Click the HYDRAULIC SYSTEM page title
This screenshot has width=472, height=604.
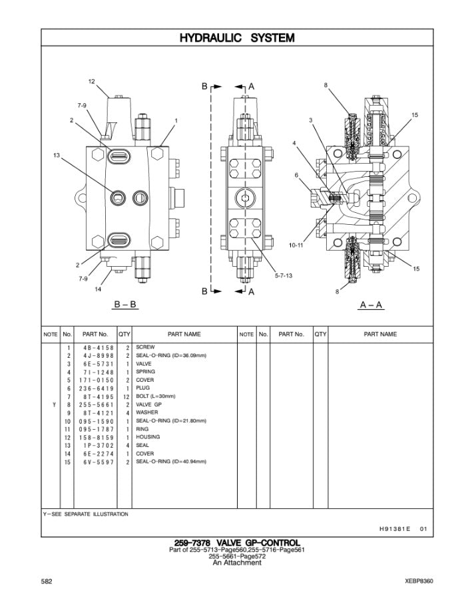[x=236, y=38]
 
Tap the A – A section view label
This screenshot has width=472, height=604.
[x=371, y=305]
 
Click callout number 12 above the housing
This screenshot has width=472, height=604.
[x=92, y=81]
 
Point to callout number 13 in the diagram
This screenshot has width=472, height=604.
[x=57, y=156]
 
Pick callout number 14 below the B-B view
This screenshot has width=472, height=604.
[x=97, y=289]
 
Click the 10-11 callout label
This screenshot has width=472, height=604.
[x=296, y=245]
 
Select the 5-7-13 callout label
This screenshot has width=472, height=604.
[x=284, y=275]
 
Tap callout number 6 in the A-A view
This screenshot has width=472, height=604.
[x=296, y=175]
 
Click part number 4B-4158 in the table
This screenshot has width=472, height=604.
[x=97, y=347]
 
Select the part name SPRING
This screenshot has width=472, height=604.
[x=145, y=372]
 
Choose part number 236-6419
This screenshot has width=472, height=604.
[x=97, y=388]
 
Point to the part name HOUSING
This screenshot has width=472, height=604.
[x=148, y=437]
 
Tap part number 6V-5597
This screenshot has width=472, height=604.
[x=97, y=462]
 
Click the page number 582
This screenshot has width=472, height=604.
[x=47, y=581]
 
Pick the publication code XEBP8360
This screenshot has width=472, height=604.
[x=419, y=581]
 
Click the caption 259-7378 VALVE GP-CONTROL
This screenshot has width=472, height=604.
[x=236, y=543]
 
